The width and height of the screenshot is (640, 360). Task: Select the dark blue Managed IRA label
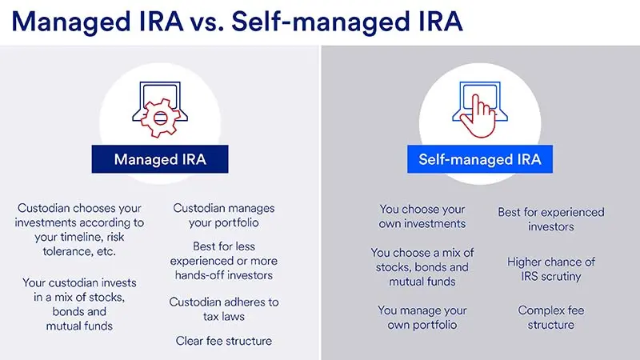click(160, 159)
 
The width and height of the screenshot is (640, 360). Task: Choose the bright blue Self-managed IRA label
click(480, 159)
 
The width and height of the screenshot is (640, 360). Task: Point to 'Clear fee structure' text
click(224, 341)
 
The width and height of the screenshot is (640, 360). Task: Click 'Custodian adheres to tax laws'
click(224, 309)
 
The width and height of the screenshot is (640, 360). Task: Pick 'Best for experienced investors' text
click(551, 219)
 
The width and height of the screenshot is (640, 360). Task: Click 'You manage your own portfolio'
click(422, 317)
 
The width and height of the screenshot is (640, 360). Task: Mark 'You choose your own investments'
click(422, 216)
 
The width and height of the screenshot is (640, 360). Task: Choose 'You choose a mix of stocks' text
click(422, 266)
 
